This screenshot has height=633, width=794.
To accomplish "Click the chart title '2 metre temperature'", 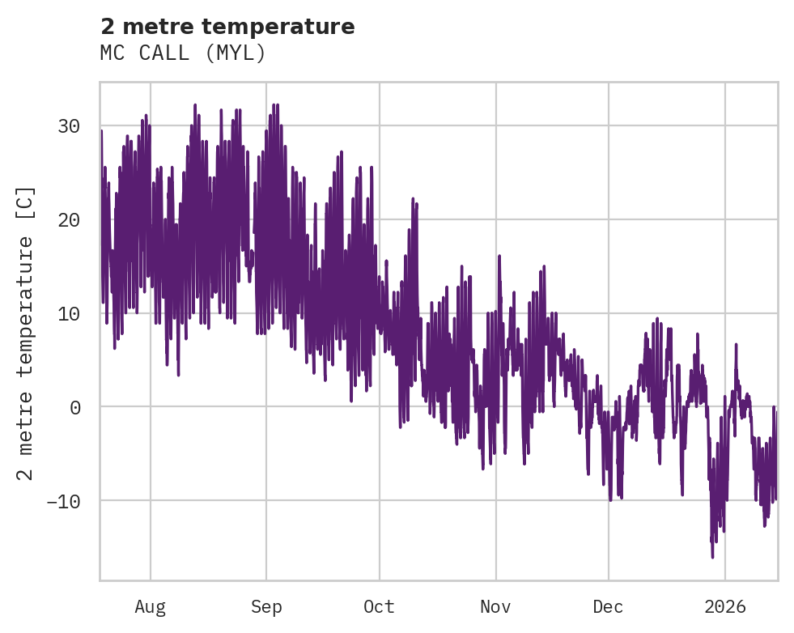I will pos(227,27).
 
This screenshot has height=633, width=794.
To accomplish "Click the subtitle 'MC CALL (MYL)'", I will pos(183,53).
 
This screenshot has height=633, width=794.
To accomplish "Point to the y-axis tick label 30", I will pos(69,125).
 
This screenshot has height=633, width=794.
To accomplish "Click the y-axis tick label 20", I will pos(69,219).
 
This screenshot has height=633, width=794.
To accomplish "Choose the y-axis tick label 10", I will pos(69,313).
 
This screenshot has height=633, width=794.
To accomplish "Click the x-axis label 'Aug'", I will pos(150,606).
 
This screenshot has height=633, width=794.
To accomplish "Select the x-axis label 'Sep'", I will pos(266,606).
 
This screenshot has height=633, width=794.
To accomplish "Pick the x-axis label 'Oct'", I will pos(379,606).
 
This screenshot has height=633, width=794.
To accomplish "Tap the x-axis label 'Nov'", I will pos(495,606).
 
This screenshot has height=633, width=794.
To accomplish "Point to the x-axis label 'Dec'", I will pos(608,606).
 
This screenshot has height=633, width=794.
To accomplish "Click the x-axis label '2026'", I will pos(725,606).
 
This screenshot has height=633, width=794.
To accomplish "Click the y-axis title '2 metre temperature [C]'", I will pos(27,332).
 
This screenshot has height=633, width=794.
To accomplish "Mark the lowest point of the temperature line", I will pos(712,557).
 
